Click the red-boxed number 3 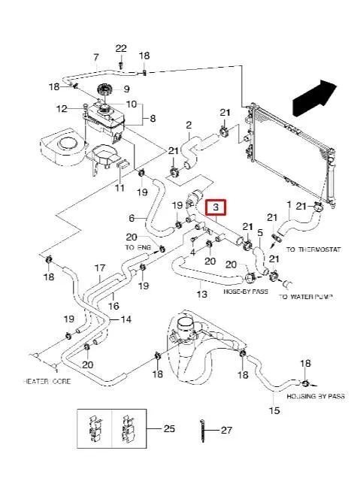tap(216, 207)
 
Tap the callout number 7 tap(95, 58)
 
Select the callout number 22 tap(121, 49)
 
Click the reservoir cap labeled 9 tap(104, 92)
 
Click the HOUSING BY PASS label tap(318, 395)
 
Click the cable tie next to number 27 tap(204, 431)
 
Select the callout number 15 tap(274, 410)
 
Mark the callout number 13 tap(201, 294)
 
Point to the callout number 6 tap(132, 219)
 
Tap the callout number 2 tap(189, 125)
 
